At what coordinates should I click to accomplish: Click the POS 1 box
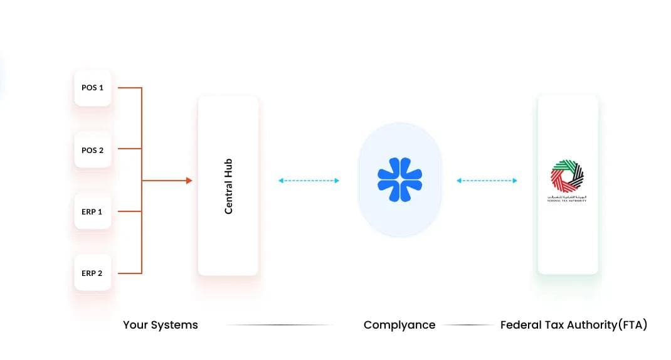pos(92,88)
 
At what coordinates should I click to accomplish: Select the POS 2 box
pos(92,150)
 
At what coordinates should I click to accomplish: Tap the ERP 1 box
pos(92,211)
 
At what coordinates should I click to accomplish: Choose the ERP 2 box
pos(92,273)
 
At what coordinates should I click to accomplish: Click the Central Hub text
pos(228,186)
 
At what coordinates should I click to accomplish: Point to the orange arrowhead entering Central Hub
pos(189,181)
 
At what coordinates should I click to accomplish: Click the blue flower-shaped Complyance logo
pos(399,180)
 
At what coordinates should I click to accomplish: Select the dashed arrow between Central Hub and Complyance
pos(309,181)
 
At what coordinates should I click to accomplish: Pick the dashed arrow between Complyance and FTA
pos(487,181)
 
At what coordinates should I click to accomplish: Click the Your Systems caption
pos(160,325)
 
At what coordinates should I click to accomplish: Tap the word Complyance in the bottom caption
pos(399,325)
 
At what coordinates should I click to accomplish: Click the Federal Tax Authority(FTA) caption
pos(573,325)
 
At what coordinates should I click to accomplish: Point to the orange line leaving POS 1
pos(129,88)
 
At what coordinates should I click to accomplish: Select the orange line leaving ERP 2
pos(129,273)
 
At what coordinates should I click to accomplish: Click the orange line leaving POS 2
pos(129,149)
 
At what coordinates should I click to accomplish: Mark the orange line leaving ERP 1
pos(129,211)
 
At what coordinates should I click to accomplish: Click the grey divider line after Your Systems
pos(279,325)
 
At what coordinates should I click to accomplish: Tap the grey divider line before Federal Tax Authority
pos(468,325)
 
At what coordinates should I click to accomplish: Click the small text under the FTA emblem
pos(567,198)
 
